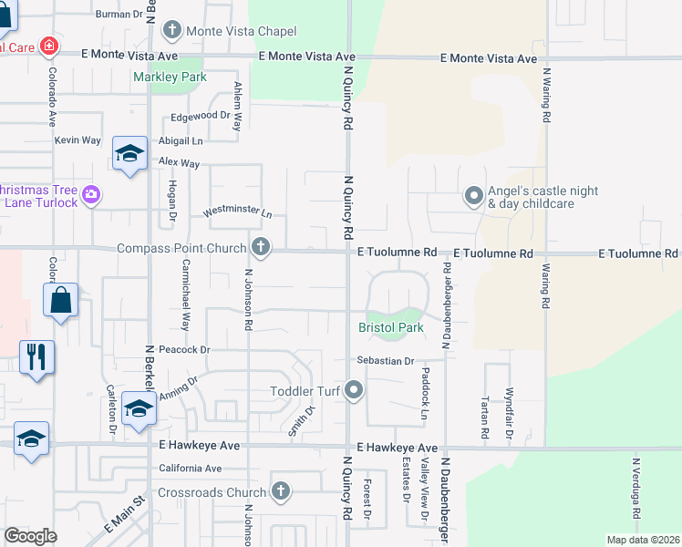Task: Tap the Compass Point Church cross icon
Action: coord(261,247)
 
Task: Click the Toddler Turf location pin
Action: coord(355,392)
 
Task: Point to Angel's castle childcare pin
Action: coord(473,196)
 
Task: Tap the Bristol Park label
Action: coord(390,326)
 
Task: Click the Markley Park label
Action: coord(170,77)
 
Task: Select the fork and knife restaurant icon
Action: coord(36,356)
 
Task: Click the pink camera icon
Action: coord(90,194)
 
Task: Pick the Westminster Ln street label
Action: coord(237,212)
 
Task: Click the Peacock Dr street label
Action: coord(184,349)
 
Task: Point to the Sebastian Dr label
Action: coord(386,361)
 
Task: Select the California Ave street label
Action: coord(190,469)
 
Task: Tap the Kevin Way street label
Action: coord(77,140)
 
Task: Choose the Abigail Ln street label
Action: coord(181,141)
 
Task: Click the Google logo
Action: coord(31,536)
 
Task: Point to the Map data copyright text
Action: coord(642,540)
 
